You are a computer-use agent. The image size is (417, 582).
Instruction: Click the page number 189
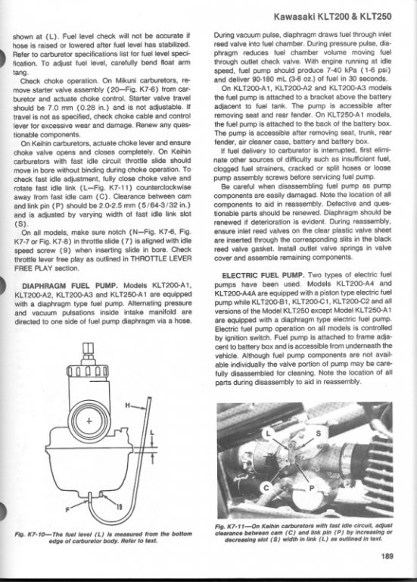click(386, 556)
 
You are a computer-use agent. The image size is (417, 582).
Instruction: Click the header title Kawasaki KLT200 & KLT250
click(332, 17)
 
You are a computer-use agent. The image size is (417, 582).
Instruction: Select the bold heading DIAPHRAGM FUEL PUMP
click(70, 286)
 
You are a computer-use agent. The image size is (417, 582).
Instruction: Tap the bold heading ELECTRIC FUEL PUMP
click(263, 275)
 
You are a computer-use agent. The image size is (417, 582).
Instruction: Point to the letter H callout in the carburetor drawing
click(127, 405)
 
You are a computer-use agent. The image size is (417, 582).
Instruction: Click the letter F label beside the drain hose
click(67, 509)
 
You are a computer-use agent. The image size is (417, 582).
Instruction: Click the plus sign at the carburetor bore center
click(89, 421)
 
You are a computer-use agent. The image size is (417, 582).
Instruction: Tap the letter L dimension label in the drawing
click(151, 433)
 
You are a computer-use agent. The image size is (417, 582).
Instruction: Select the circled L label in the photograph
click(269, 433)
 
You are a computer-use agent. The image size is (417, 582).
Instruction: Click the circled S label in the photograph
click(318, 433)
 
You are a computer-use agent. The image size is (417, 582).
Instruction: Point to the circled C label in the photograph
click(266, 487)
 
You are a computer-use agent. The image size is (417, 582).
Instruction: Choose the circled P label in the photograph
click(311, 488)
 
